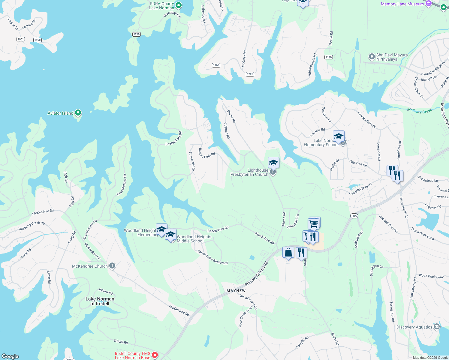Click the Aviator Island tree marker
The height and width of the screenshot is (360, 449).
(x=78, y=113)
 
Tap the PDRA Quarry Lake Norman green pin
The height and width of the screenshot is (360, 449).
(x=179, y=5)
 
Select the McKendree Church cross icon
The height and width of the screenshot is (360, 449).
(x=112, y=266)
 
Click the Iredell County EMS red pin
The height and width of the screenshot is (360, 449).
(x=155, y=355)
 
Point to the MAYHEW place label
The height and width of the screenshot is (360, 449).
(x=236, y=291)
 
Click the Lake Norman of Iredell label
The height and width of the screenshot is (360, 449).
(x=100, y=301)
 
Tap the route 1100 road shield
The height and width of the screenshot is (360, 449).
(x=354, y=216)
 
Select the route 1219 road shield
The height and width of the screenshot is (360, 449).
(x=137, y=34)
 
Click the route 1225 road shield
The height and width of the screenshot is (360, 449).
(x=250, y=74)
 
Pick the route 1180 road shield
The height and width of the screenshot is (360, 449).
(x=328, y=57)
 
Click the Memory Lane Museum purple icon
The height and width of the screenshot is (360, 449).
(x=429, y=4)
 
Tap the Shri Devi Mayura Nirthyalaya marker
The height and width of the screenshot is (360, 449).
(x=372, y=56)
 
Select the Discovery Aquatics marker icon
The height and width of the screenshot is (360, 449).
(x=437, y=327)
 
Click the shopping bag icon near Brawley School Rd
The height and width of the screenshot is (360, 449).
(x=288, y=253)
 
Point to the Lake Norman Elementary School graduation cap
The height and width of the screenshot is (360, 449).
(x=338, y=136)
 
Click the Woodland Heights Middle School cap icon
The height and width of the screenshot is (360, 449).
(x=171, y=235)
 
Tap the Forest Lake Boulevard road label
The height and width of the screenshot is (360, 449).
(x=212, y=257)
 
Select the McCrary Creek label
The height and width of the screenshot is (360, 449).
(x=419, y=111)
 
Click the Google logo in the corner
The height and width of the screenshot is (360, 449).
(x=10, y=356)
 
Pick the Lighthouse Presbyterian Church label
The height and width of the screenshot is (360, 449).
(x=249, y=172)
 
